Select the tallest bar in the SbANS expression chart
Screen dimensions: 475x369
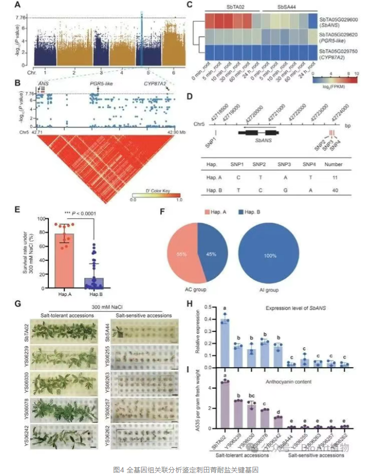pyautogui.click(x=225, y=343)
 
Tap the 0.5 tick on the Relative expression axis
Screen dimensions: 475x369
pyautogui.click(x=210, y=307)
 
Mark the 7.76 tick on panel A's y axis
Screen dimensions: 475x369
pyautogui.click(x=23, y=17)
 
